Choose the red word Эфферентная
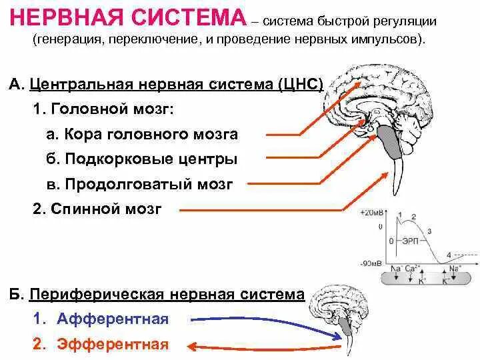click(x=112, y=345)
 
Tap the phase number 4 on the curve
click(x=449, y=253)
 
